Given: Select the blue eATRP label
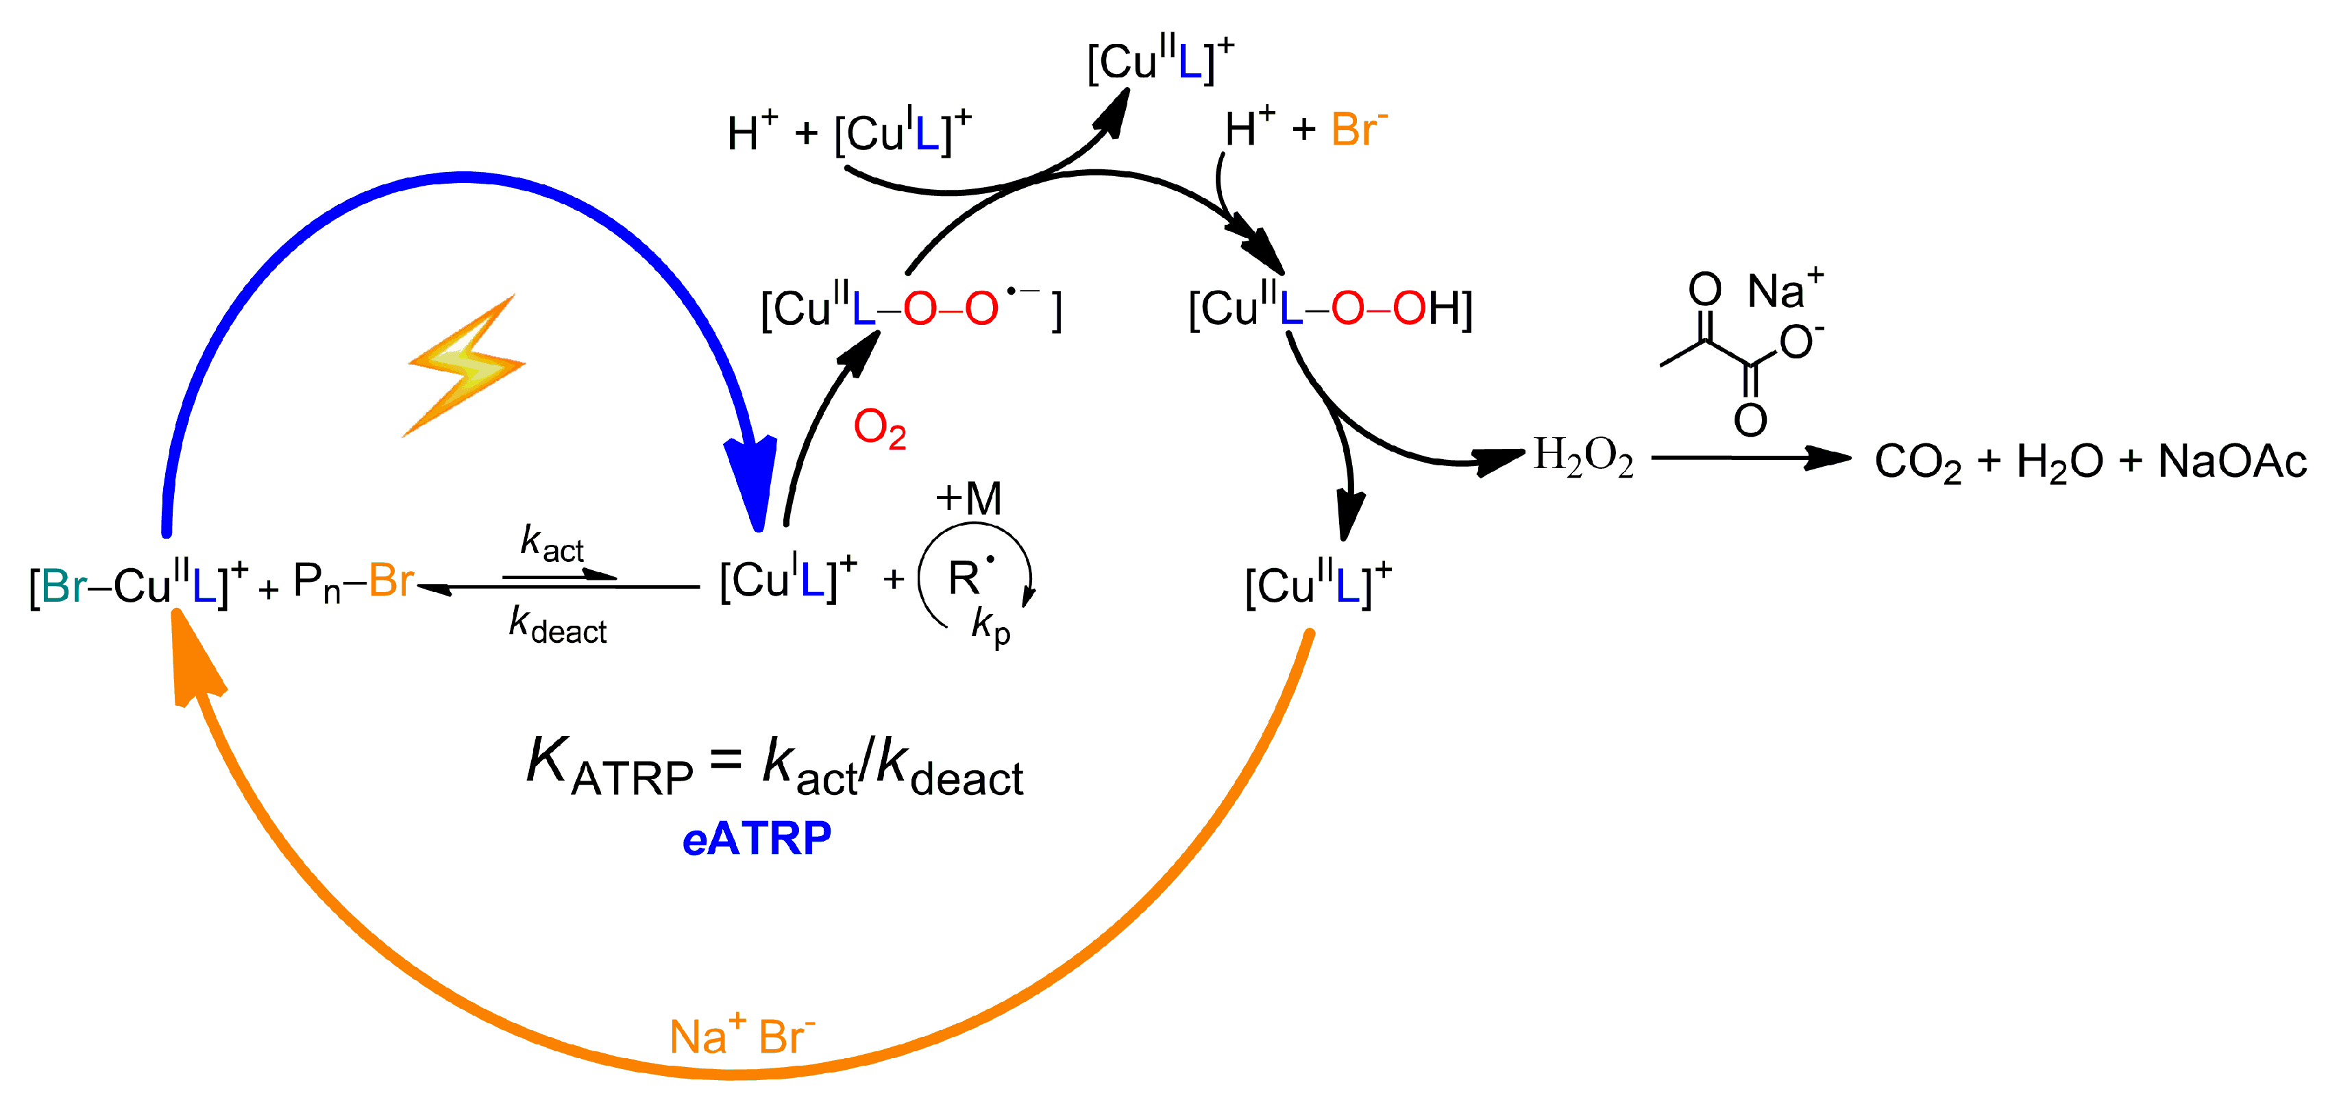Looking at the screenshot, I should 757,839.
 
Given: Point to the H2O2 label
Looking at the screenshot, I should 1583,457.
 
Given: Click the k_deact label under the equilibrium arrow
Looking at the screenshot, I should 558,626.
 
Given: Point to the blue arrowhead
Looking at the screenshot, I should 752,479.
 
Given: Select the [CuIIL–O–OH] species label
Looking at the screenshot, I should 1330,309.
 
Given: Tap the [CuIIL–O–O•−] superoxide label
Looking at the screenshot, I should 911,309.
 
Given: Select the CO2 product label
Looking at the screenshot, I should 1917,462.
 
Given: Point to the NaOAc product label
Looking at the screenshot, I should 2231,462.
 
